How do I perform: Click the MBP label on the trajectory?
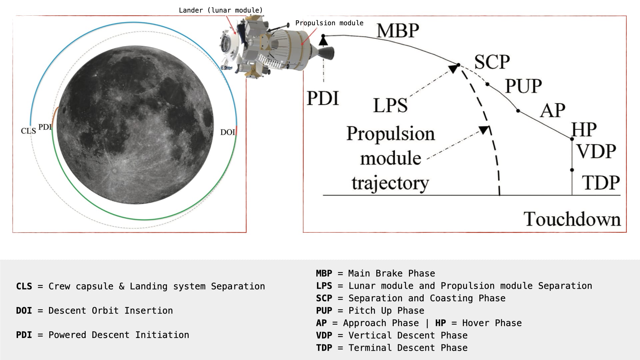click(x=398, y=31)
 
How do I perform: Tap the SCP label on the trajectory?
click(x=492, y=62)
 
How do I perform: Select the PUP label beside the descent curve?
click(x=523, y=86)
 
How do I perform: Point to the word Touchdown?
click(x=572, y=219)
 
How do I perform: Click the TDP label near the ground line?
click(x=601, y=183)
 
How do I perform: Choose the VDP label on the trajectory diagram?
click(x=596, y=151)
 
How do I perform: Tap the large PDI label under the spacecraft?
click(x=322, y=99)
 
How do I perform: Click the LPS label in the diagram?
click(x=390, y=106)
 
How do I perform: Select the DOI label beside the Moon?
click(x=228, y=132)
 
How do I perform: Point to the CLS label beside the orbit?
click(x=28, y=131)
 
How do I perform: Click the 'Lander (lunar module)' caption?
click(x=221, y=10)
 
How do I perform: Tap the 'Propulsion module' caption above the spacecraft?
click(x=329, y=23)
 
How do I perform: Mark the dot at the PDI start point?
click(x=323, y=36)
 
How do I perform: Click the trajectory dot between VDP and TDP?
click(x=572, y=170)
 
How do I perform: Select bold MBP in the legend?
click(x=324, y=273)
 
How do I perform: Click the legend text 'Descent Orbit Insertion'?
click(x=111, y=311)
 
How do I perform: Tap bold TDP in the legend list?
click(x=324, y=348)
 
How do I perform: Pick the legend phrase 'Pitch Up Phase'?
click(x=386, y=311)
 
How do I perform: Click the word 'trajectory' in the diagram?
click(x=390, y=183)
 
